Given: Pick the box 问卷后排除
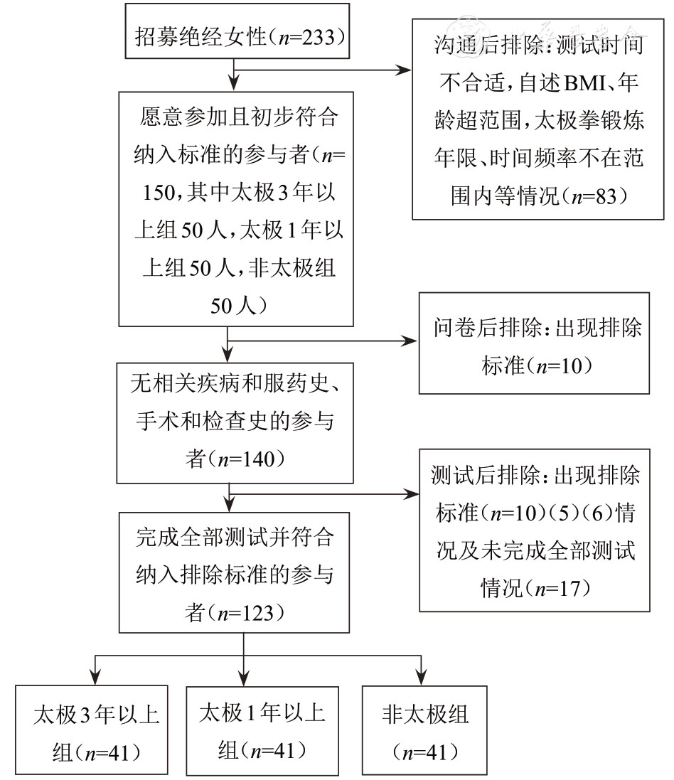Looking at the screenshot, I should point(534,343).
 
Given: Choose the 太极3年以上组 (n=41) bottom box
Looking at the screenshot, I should point(92,729).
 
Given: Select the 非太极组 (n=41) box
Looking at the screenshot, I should point(424,729).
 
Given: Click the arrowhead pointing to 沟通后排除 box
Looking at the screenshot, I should point(406,70).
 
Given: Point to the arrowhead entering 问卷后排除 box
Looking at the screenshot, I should point(412,341).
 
